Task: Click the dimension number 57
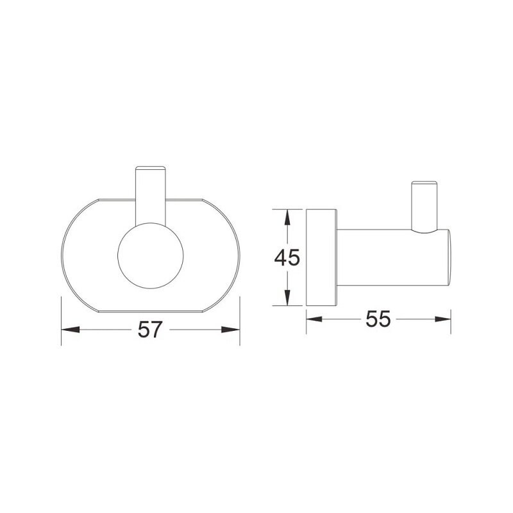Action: [x=150, y=330]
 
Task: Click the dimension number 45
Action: [x=287, y=257]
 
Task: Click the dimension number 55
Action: [x=378, y=319]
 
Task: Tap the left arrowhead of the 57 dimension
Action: [x=71, y=330]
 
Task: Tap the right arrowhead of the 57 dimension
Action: [x=231, y=330]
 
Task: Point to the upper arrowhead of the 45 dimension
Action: [x=287, y=217]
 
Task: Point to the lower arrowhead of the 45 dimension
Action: [x=287, y=298]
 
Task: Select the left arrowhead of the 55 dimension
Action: [x=314, y=319]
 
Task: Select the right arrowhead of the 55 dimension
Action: [x=442, y=319]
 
